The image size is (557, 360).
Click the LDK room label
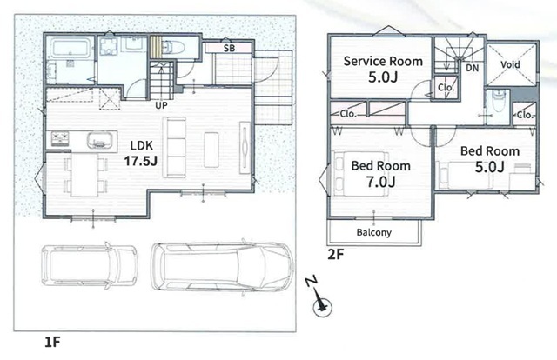pos(141,145)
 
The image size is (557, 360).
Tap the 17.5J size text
pos(141,161)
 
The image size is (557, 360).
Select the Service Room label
pos(383,62)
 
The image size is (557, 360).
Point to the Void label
pos(510,64)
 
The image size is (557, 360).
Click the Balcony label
pos(373,232)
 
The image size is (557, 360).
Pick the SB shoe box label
pos(229,48)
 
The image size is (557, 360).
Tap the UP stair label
pos(161,105)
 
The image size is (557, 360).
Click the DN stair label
pos(472,68)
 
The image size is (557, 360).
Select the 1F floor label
pos(52,342)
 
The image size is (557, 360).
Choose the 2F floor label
pos(336,254)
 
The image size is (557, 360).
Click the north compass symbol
pos(321,299)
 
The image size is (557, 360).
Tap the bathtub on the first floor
pos(70,49)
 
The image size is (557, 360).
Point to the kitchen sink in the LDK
pos(100,140)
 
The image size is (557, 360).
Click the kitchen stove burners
pos(60,139)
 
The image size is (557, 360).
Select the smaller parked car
pos(89,265)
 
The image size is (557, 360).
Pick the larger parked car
pos(223,266)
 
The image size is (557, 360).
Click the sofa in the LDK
pos(174,147)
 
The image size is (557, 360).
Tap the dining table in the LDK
pos(84,175)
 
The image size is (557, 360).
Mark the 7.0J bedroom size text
pos(381,182)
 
